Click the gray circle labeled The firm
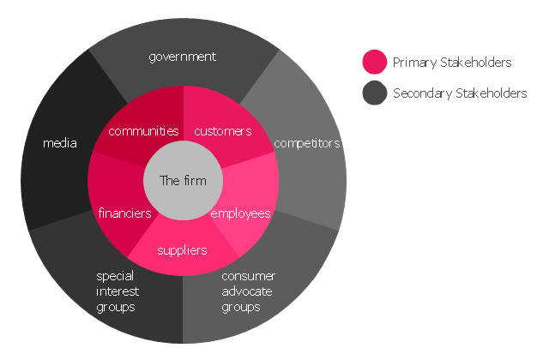(183, 181)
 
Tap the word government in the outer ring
(183, 57)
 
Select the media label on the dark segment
(60, 143)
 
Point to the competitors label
(307, 143)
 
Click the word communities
(143, 131)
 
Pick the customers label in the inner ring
(223, 131)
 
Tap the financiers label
(124, 213)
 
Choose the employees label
(240, 213)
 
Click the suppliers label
(182, 250)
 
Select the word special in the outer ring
(115, 276)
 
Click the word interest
(118, 291)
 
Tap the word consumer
(249, 276)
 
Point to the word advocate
(247, 291)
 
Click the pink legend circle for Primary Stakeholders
(375, 62)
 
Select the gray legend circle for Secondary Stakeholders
(375, 93)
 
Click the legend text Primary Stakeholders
(452, 63)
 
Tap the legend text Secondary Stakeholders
(460, 93)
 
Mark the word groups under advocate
(241, 307)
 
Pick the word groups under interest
(116, 307)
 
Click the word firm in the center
(195, 181)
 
